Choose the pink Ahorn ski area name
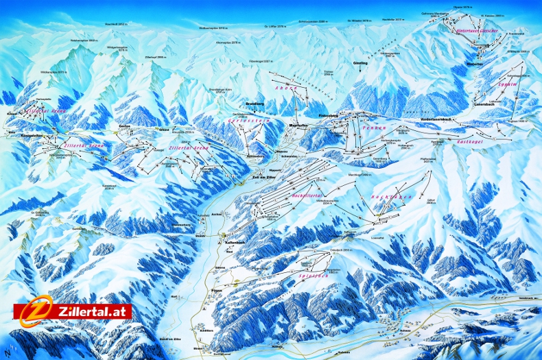[x=283, y=96]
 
